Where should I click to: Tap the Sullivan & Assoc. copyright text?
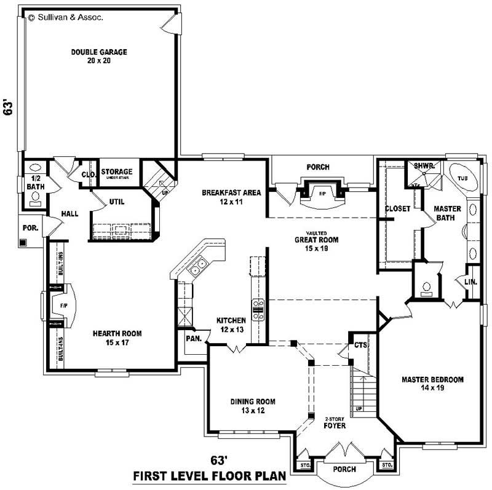coord(66,18)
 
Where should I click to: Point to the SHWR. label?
coord(424,166)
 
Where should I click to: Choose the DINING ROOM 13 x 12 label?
coord(253,406)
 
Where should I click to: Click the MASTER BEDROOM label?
coord(432,383)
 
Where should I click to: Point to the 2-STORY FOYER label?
coord(335,422)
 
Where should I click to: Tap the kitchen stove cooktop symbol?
coord(258,309)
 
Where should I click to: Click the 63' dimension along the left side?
coord(9,109)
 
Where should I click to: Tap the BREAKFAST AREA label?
coord(231,197)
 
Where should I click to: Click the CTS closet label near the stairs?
coord(360,346)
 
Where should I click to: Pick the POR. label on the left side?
coord(30,227)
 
